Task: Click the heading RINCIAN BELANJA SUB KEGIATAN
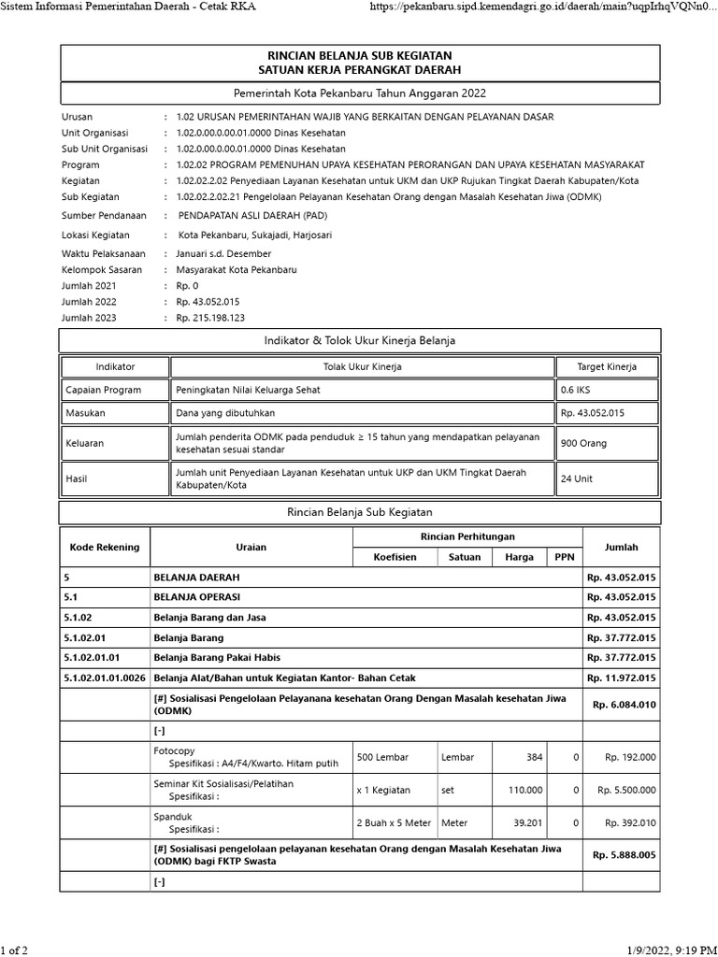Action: (359, 56)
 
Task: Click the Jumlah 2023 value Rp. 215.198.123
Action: (210, 318)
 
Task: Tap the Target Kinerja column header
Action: (607, 367)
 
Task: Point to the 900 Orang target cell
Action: (585, 444)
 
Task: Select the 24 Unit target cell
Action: (576, 478)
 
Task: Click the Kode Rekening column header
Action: (105, 547)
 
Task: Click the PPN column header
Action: (564, 557)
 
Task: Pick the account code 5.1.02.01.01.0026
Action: (105, 678)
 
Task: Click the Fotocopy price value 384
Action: (534, 757)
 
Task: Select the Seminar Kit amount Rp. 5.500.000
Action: (626, 790)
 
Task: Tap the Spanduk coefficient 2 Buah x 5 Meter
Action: (394, 822)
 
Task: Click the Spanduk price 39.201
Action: (527, 822)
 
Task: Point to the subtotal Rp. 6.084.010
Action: (624, 705)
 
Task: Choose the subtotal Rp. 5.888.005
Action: (624, 855)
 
